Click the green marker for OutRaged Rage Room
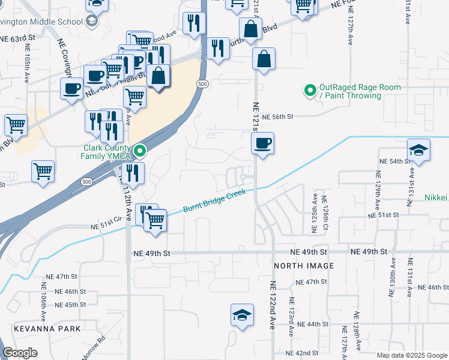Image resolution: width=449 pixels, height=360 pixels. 310,91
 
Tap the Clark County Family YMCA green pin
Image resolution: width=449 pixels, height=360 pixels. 140,151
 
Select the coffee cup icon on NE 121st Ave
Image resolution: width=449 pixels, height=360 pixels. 262,143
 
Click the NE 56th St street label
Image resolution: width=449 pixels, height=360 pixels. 277,117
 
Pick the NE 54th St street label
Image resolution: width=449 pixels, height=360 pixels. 394,162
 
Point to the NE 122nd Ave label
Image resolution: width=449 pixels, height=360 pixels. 272,305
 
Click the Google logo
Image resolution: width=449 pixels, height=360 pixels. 20,353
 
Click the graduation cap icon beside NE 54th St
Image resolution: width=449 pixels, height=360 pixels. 418,149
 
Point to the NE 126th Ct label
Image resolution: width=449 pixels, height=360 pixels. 325,214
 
